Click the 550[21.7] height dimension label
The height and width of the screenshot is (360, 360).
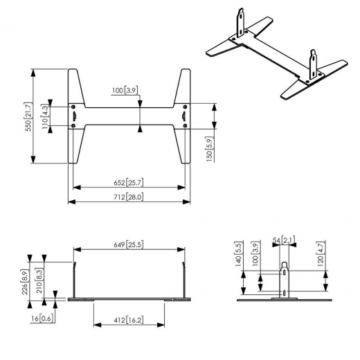pyautogui.click(x=28, y=117)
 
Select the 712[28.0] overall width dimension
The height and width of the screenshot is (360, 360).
pyautogui.click(x=129, y=197)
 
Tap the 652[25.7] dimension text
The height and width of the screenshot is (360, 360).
pyautogui.click(x=129, y=183)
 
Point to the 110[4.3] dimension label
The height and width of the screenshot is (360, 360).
pyautogui.click(x=45, y=117)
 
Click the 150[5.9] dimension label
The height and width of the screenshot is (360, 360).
pyautogui.click(x=210, y=149)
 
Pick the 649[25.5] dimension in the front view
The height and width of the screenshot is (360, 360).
pyautogui.click(x=129, y=244)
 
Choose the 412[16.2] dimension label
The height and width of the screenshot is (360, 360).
pyautogui.click(x=129, y=321)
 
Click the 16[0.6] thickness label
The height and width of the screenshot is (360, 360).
pyautogui.click(x=43, y=318)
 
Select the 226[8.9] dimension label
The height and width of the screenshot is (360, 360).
pyautogui.click(x=25, y=282)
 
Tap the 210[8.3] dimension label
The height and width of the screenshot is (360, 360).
pyautogui.click(x=39, y=281)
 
